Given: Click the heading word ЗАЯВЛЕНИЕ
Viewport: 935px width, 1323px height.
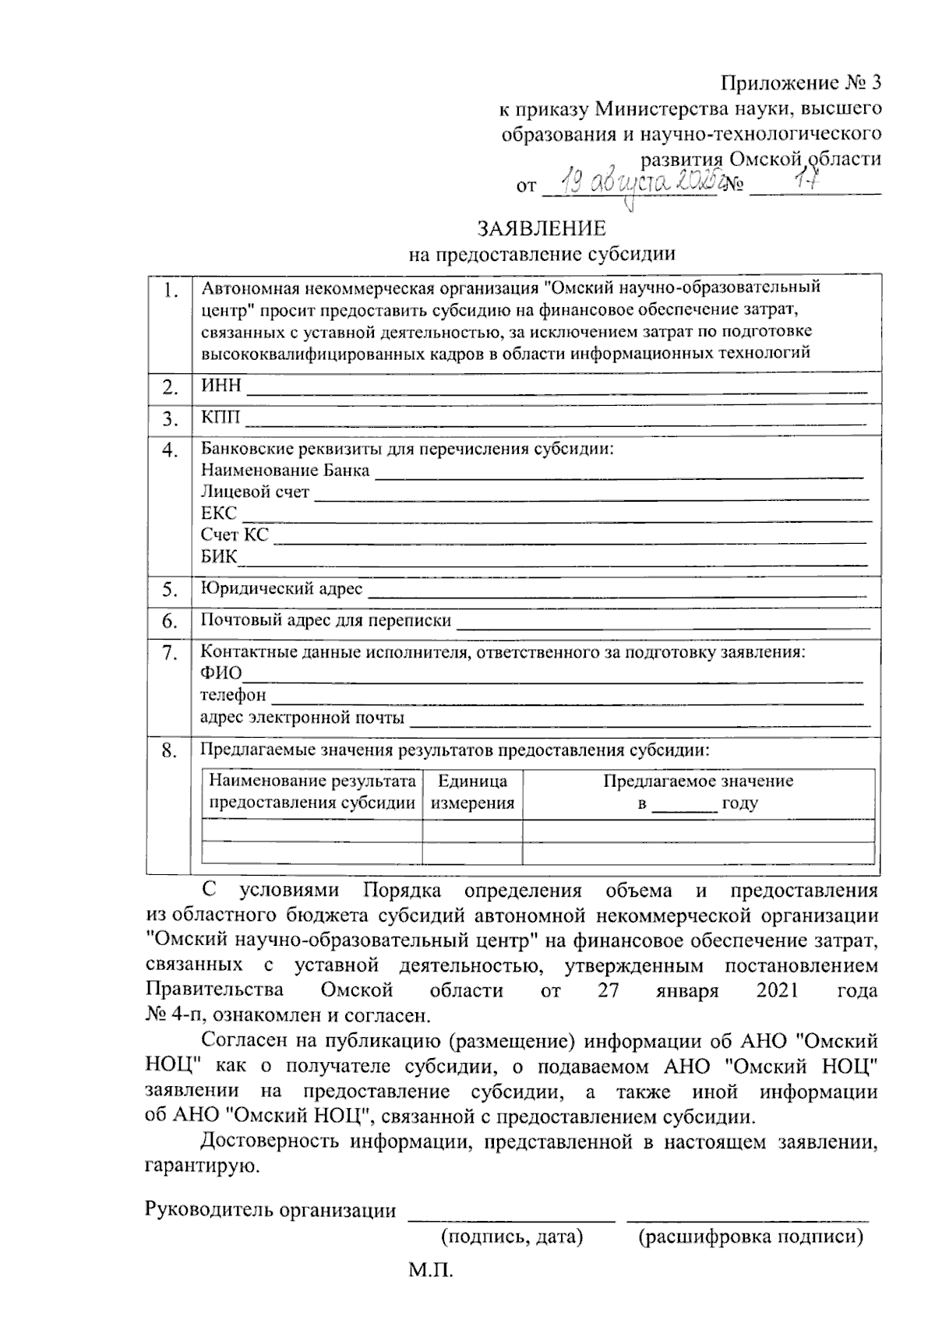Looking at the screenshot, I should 542,228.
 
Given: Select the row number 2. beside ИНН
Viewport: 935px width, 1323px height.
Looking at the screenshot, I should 170,387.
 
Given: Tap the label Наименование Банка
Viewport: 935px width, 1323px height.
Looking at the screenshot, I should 285,471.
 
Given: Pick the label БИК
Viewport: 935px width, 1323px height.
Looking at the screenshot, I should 219,556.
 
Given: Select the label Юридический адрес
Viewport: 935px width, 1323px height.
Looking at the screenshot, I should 281,588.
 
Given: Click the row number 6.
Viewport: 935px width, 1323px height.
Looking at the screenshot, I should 170,622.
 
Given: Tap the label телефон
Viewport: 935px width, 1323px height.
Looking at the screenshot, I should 233,694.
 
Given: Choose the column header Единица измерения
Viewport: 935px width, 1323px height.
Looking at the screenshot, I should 472,792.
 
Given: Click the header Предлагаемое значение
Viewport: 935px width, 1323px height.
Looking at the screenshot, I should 698,781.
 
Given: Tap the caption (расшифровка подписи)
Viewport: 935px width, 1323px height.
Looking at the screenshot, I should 750,1237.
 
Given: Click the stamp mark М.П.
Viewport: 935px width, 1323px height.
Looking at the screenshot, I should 429,1272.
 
